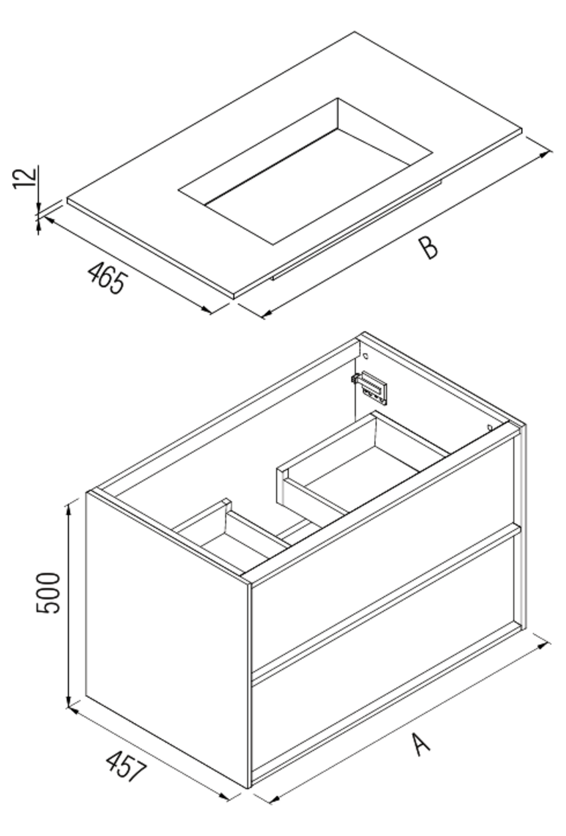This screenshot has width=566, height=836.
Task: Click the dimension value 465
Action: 107,277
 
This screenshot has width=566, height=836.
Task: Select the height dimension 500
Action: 49,593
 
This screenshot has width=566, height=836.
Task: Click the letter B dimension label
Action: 428,248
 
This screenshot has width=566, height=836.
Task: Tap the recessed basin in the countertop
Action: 308,172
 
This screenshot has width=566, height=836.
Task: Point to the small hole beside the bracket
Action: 364,355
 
